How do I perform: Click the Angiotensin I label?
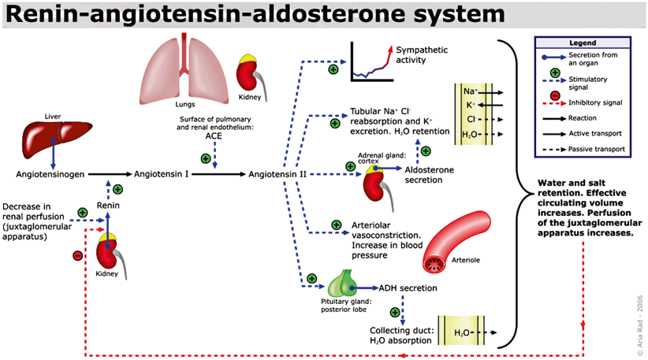point(161,173)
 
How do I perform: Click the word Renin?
point(108,206)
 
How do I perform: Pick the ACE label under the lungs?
point(213,135)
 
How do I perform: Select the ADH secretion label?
point(408,288)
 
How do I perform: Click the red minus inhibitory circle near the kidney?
point(77,255)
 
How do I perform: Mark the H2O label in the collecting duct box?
point(462,332)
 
